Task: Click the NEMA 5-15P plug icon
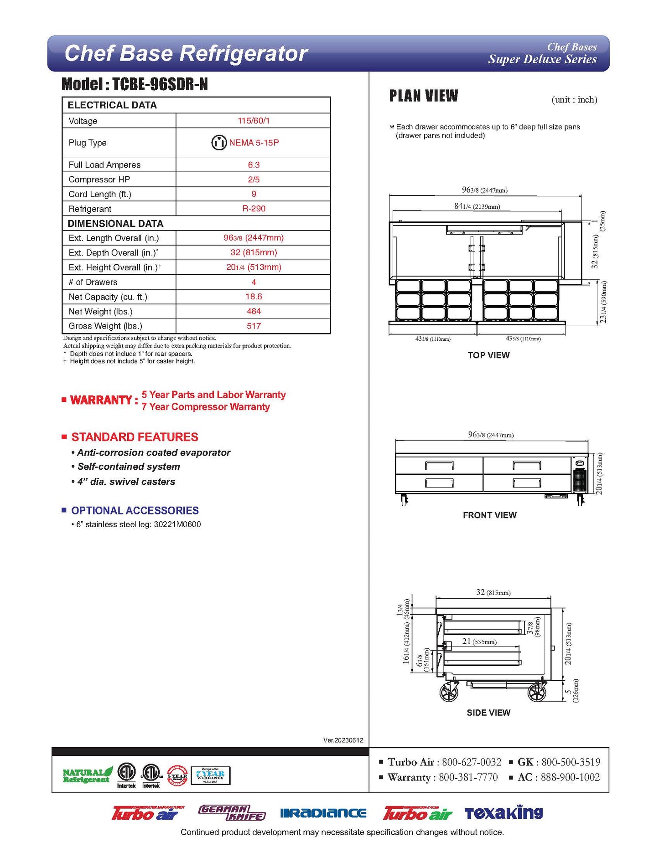pos(219,143)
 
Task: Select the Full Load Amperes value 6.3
pos(254,165)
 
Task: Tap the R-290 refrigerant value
pos(254,209)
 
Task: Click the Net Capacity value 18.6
pos(254,297)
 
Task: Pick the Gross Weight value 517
pos(254,326)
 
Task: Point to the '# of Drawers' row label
pos(93,282)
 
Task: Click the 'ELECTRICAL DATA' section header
pos(112,105)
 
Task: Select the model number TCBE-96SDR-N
pos(160,84)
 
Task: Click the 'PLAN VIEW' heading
pos(424,96)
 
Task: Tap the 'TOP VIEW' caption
pos(488,355)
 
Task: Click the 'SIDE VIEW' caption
pos(488,713)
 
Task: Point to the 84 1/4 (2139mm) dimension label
pos(477,206)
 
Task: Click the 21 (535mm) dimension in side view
pos(479,642)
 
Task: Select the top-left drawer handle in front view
pos(439,465)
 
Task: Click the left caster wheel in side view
pos(449,693)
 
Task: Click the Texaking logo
pos(503,813)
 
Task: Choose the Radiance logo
pos(323,813)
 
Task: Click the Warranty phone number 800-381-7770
pos(468,777)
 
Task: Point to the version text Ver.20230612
pos(343,740)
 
